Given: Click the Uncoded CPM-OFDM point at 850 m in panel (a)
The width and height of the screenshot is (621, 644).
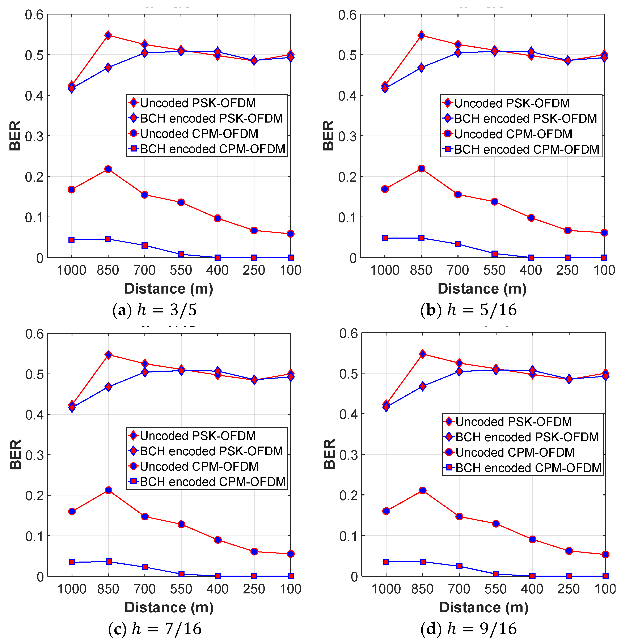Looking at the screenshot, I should pyautogui.click(x=108, y=169).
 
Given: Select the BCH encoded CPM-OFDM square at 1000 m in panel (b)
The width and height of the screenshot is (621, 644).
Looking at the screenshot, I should pyautogui.click(x=385, y=238).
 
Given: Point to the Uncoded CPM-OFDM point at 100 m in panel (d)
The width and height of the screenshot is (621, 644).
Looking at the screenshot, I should pyautogui.click(x=605, y=555).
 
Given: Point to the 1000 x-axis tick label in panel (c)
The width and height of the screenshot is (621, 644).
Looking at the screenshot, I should pyautogui.click(x=72, y=589).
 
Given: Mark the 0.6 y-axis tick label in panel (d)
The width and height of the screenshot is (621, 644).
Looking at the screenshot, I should pyautogui.click(x=348, y=334).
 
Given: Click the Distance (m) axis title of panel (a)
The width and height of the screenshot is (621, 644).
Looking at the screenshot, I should pyautogui.click(x=169, y=289).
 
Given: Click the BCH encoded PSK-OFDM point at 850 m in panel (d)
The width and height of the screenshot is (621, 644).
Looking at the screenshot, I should pyautogui.click(x=423, y=386).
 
